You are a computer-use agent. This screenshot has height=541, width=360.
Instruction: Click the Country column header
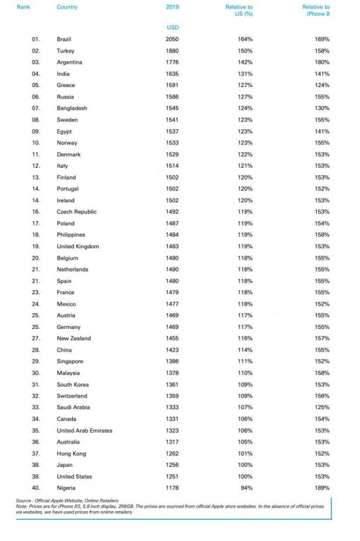point(67,7)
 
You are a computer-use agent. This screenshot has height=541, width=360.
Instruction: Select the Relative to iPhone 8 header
point(316,11)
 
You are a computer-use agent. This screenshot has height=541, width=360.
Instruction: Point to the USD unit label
point(172,27)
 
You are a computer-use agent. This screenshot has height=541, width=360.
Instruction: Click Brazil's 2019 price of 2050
point(172,39)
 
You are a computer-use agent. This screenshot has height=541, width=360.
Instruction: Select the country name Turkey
point(65,51)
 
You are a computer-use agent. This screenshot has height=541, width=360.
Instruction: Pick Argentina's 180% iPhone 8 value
point(322,63)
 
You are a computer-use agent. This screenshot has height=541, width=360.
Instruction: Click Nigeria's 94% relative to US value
point(245,487)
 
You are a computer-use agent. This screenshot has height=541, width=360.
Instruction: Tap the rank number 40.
point(36,487)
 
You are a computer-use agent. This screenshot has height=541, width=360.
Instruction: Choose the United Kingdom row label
point(78,247)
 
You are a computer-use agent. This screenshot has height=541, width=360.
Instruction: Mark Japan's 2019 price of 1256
point(172,465)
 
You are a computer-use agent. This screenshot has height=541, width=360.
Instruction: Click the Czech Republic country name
point(77,212)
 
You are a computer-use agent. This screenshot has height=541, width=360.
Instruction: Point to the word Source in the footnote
point(25,501)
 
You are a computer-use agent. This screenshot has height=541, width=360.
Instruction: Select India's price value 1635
point(172,74)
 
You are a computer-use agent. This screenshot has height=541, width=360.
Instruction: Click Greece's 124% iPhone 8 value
point(322,85)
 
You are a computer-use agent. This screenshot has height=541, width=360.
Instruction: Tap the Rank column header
point(23,7)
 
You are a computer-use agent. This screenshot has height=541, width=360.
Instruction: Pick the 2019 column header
point(172,7)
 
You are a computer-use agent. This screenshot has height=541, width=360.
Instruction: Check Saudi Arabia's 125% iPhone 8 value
point(322,407)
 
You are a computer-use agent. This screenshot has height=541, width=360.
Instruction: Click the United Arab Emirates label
point(84,431)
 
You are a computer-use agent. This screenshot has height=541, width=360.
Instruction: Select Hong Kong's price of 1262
point(172,453)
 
